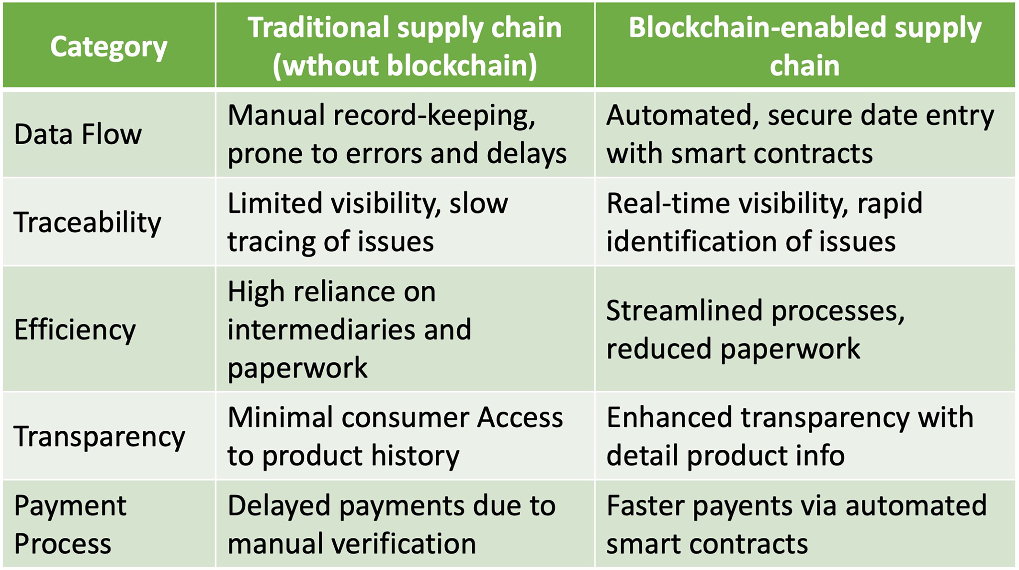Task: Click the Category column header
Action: tap(109, 47)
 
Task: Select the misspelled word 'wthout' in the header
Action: tap(330, 65)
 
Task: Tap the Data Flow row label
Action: tap(78, 134)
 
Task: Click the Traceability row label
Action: tap(88, 223)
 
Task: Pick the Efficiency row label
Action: tap(75, 330)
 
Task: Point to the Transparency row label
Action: tap(99, 437)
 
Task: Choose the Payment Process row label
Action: tap(70, 525)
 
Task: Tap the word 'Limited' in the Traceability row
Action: tap(275, 203)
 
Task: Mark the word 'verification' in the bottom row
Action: tap(408, 544)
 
